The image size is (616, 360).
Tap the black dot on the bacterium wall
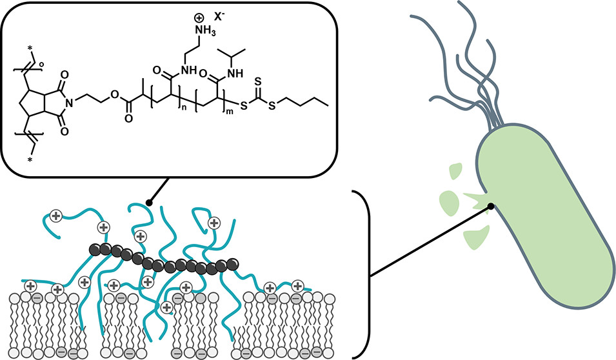[492, 206]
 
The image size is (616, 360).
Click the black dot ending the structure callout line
[149, 204]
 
